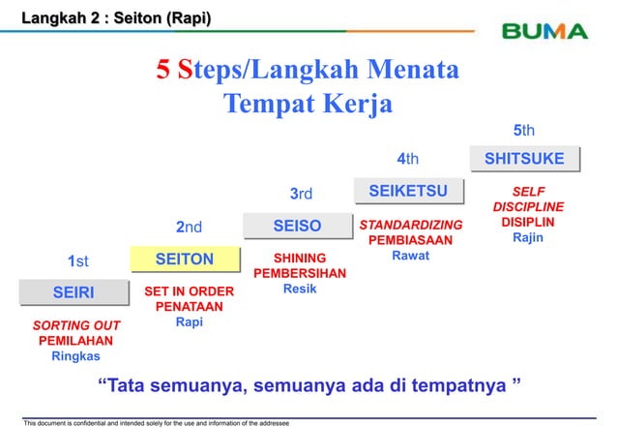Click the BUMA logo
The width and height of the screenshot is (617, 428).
(x=544, y=31)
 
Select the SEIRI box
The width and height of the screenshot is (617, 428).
(x=73, y=291)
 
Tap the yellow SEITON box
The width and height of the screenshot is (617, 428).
(x=185, y=259)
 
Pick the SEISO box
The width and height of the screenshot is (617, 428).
(x=297, y=226)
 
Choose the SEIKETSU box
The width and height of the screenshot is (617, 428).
(x=409, y=192)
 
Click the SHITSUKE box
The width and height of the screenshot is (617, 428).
(x=523, y=159)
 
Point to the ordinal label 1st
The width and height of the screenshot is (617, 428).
(x=77, y=260)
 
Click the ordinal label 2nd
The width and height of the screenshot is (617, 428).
(x=189, y=228)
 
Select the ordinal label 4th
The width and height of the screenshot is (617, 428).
(x=409, y=160)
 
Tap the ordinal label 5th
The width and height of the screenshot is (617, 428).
(x=523, y=130)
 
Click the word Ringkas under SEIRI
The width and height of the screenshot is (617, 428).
(x=75, y=356)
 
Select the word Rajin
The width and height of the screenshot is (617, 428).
(x=528, y=237)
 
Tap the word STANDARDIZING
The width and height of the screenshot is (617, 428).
(x=411, y=225)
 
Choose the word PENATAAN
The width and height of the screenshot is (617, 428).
(x=189, y=307)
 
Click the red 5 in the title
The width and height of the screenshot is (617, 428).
(x=165, y=72)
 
